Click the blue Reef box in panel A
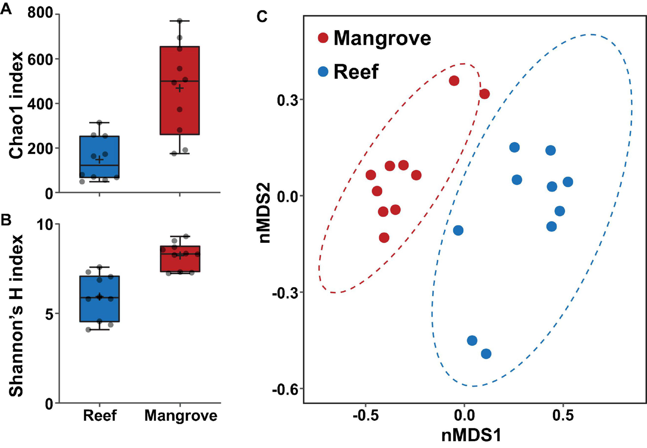[x=99, y=157]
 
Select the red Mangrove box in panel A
[x=180, y=90]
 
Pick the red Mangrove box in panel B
[x=180, y=259]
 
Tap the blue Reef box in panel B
[x=99, y=299]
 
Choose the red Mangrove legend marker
[x=323, y=37]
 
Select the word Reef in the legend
[x=356, y=72]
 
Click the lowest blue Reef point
[x=486, y=354]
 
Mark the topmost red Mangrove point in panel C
[x=454, y=80]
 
